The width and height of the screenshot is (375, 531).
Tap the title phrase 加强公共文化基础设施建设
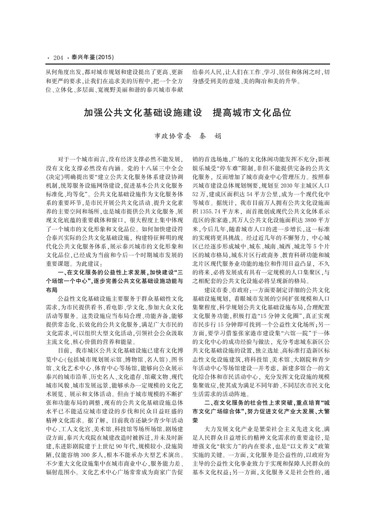pyautogui.click(x=143, y=112)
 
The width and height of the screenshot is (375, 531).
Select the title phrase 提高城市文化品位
pyautogui.click(x=252, y=112)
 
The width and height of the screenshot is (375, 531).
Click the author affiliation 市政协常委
pyautogui.click(x=170, y=136)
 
